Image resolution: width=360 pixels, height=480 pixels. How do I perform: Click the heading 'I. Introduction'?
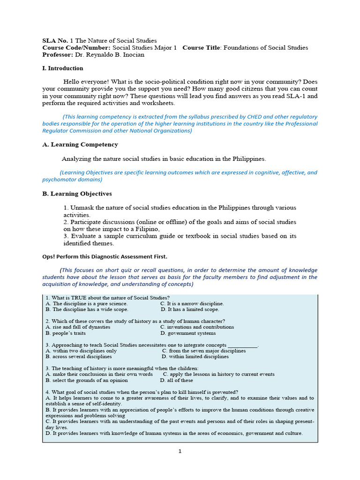click(x=63, y=68)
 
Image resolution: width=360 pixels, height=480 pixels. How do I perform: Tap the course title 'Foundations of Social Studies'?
click(x=265, y=48)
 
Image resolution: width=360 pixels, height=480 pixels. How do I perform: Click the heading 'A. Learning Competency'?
click(x=80, y=145)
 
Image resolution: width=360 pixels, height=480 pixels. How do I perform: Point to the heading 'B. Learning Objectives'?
click(x=77, y=194)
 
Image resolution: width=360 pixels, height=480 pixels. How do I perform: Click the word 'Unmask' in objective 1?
click(x=81, y=208)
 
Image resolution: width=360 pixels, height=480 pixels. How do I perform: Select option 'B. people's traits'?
click(x=65, y=333)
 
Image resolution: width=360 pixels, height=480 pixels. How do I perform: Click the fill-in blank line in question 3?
click(x=242, y=345)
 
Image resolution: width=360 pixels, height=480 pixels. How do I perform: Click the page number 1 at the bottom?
click(x=180, y=451)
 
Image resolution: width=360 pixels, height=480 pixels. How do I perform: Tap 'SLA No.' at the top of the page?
click(x=55, y=41)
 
